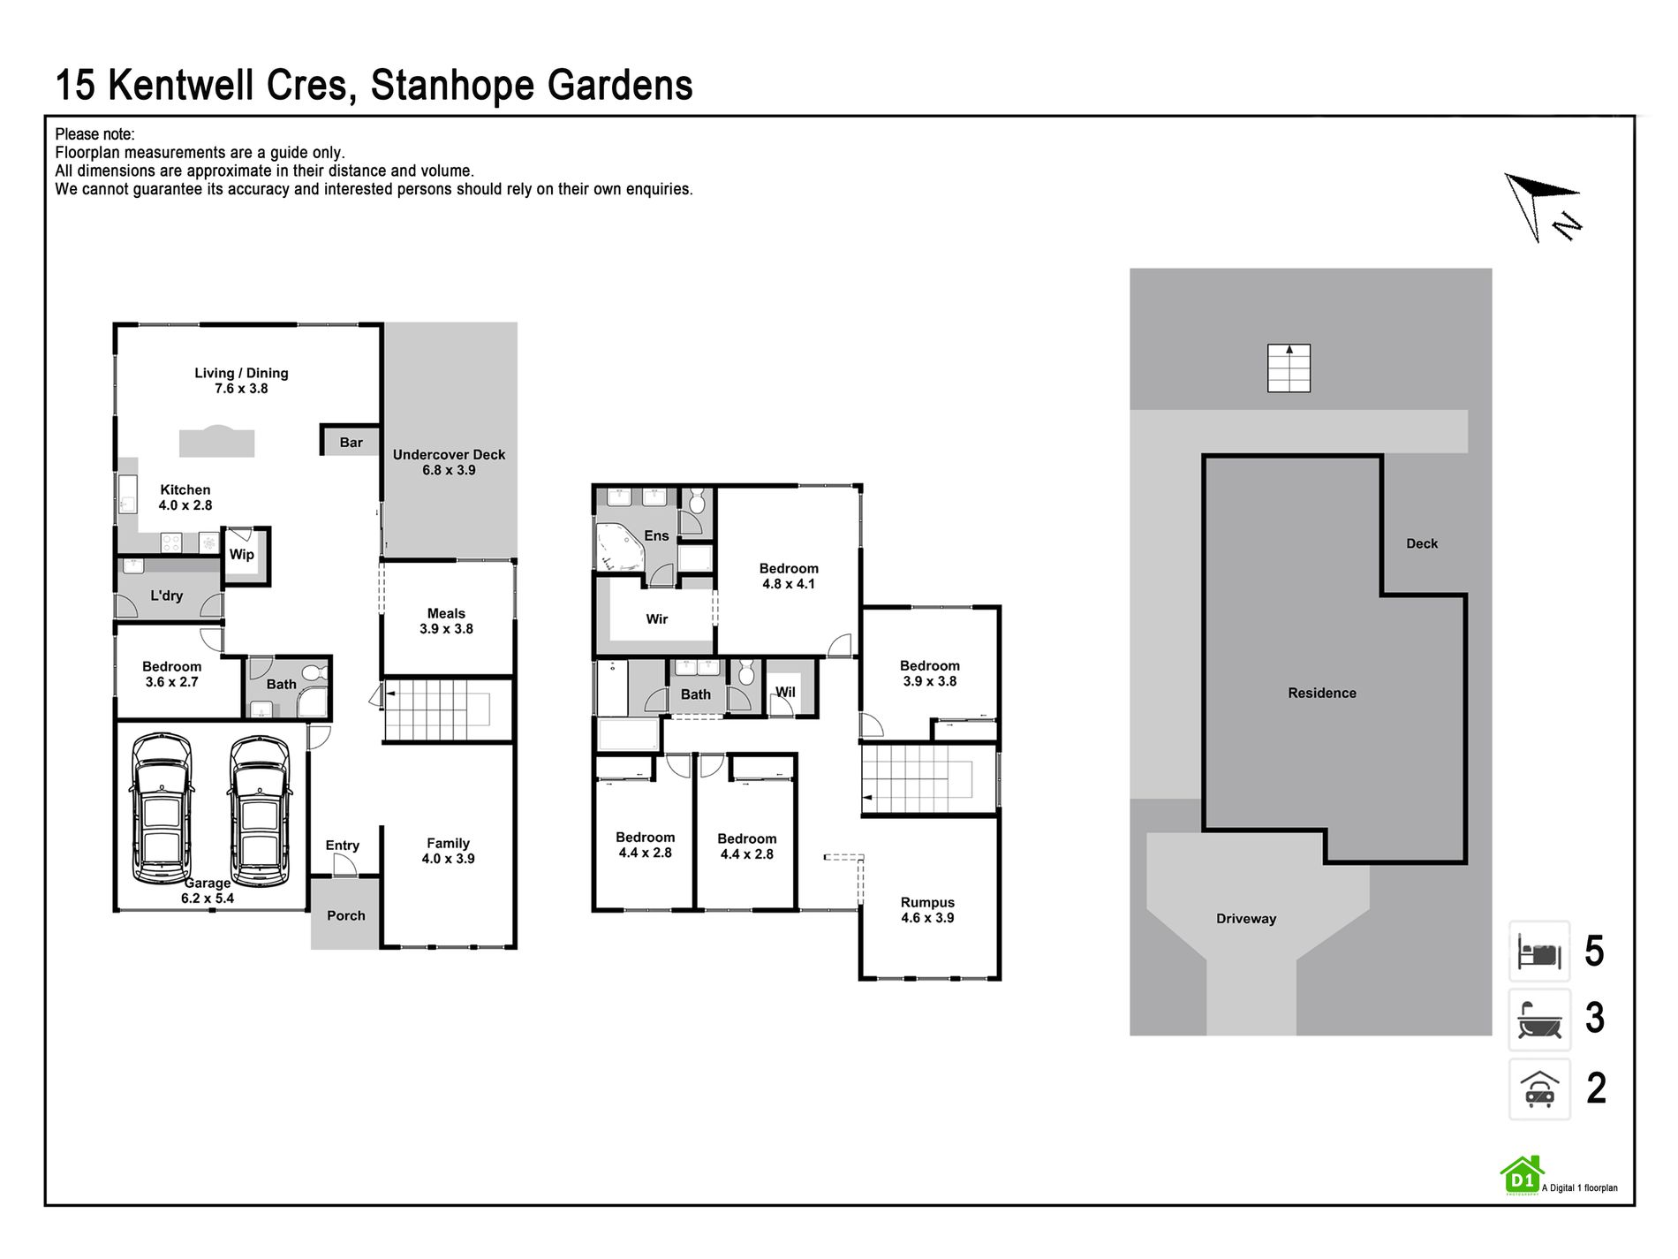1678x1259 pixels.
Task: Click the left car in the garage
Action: (x=163, y=808)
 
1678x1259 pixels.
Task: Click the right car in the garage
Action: (x=260, y=808)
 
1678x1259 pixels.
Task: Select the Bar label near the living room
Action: (x=351, y=443)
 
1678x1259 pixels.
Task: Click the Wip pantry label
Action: (x=241, y=555)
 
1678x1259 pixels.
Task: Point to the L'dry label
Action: (x=166, y=595)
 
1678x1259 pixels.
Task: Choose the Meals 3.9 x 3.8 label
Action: (x=446, y=621)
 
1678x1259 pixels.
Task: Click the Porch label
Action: (x=345, y=915)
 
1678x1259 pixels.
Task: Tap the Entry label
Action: (x=342, y=846)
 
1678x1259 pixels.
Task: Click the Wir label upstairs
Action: (x=656, y=618)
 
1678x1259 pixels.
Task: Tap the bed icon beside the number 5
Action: (x=1539, y=952)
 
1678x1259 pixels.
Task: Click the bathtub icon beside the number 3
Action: (x=1539, y=1019)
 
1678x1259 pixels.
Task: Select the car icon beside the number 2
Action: (x=1539, y=1088)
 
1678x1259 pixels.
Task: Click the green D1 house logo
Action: (x=1521, y=1176)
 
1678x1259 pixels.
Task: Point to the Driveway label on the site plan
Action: (x=1246, y=919)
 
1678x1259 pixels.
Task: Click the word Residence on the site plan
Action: (x=1322, y=693)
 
